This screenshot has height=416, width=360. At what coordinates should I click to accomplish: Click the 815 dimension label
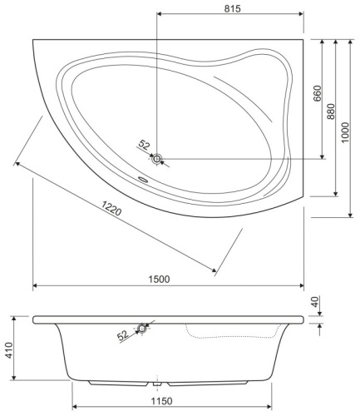pyautogui.click(x=232, y=8)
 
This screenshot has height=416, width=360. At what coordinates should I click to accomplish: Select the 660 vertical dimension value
pyautogui.click(x=317, y=94)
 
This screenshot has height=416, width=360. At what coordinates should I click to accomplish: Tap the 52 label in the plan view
pyautogui.click(x=145, y=145)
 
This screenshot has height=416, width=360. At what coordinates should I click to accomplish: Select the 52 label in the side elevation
pyautogui.click(x=124, y=336)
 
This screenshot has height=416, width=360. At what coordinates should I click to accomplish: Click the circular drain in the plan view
pyautogui.click(x=157, y=157)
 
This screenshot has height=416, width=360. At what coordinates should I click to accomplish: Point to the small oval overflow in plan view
pyautogui.click(x=141, y=176)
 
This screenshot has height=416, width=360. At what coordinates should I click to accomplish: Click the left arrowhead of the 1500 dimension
pyautogui.click(x=36, y=287)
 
